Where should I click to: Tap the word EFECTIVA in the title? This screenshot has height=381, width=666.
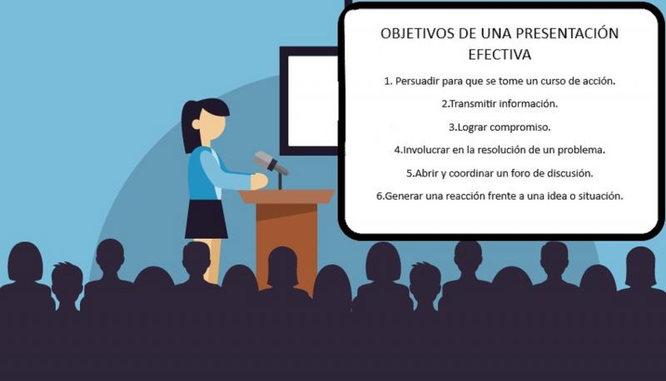click(x=499, y=55)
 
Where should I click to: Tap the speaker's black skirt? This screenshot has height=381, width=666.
click(x=206, y=219)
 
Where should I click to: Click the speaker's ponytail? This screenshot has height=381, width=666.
click(x=188, y=127)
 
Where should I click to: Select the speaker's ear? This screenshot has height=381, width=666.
click(x=196, y=124)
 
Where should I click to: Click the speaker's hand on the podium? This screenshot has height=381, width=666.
click(x=259, y=181)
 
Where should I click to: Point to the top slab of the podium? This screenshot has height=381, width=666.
click(x=286, y=196)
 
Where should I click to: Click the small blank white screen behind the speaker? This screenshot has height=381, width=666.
click(x=313, y=101)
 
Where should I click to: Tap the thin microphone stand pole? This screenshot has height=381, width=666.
click(x=280, y=181)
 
